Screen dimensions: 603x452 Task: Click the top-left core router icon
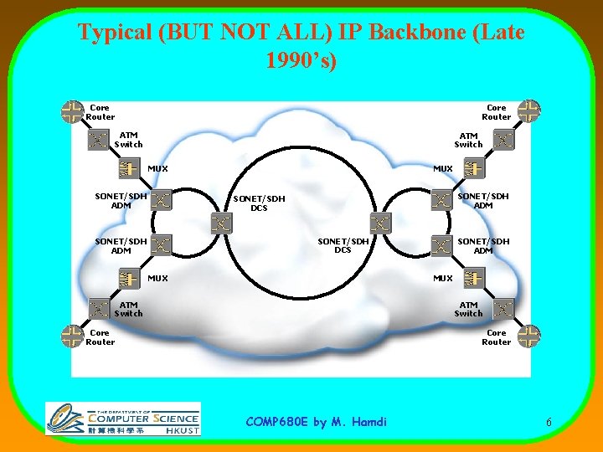tap(73, 111)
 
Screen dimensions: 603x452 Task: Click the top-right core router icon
tap(528, 110)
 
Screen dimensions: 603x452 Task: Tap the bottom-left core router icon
tap(73, 336)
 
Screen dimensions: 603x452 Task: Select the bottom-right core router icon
tap(528, 336)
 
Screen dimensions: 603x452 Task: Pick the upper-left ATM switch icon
tap(100, 139)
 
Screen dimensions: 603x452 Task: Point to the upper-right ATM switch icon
tap(502, 139)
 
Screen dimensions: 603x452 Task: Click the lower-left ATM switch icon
tap(100, 308)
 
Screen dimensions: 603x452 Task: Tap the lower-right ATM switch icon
tap(502, 308)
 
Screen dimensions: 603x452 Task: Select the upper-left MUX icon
tap(127, 168)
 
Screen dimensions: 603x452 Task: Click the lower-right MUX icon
tap(474, 277)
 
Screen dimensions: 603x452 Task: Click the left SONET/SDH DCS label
tap(259, 203)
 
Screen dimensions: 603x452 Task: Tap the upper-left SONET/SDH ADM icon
tap(162, 200)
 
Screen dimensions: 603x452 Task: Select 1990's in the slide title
tap(301, 61)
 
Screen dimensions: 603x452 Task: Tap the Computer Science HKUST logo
tap(122, 418)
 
